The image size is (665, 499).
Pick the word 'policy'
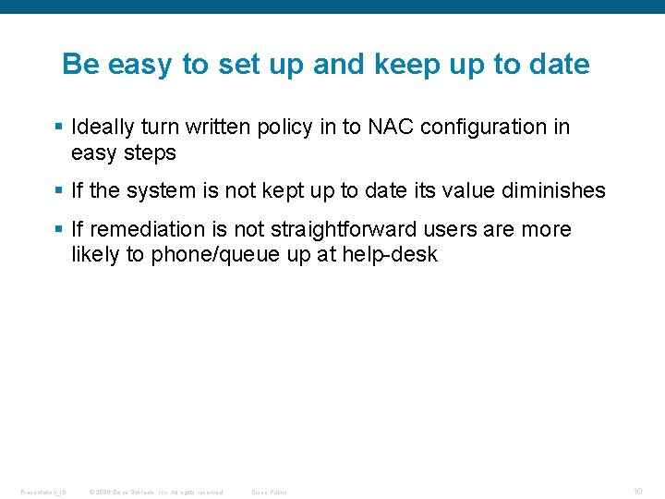pos(284,128)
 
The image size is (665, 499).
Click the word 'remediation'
pos(147,229)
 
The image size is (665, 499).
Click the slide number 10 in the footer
pos(637,491)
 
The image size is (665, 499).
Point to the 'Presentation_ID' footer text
pos(42,492)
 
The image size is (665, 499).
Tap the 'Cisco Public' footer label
pos(269,492)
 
